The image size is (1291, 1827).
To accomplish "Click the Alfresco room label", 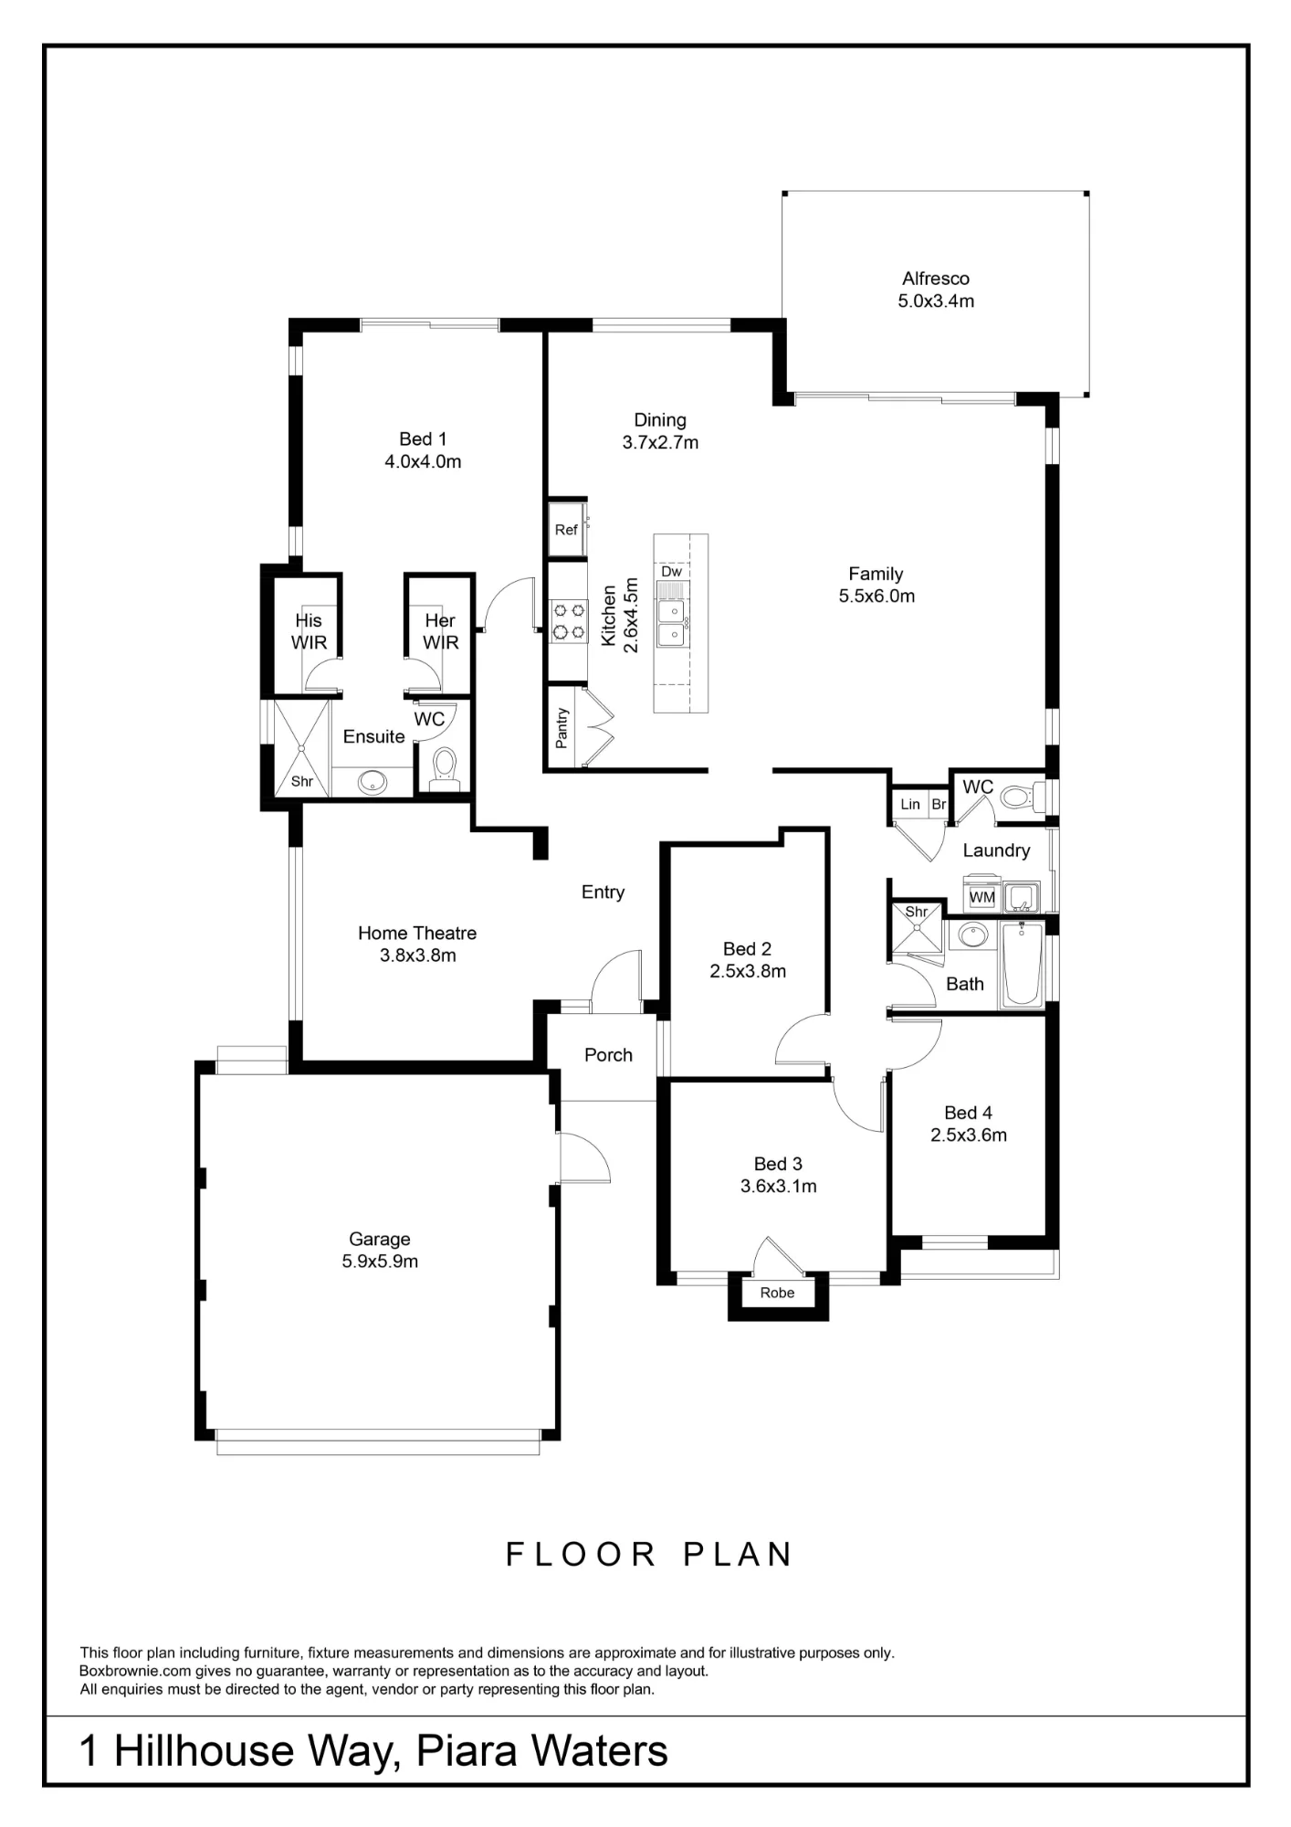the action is pyautogui.click(x=935, y=279).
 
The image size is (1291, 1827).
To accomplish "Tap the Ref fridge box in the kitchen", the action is pyautogui.click(x=567, y=529).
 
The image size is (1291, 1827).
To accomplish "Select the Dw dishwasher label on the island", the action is pyautogui.click(x=671, y=572).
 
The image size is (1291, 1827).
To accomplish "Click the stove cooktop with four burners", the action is pyautogui.click(x=568, y=620).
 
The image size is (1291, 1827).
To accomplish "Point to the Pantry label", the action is pyautogui.click(x=562, y=728).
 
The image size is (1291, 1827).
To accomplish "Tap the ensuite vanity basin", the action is pyautogui.click(x=372, y=782).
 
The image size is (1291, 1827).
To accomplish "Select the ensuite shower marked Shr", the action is pyautogui.click(x=301, y=746).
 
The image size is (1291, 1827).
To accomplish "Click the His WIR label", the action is pyautogui.click(x=309, y=631).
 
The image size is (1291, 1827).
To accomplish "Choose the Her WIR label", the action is pyautogui.click(x=440, y=631).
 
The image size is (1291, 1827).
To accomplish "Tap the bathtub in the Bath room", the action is pyautogui.click(x=1023, y=964).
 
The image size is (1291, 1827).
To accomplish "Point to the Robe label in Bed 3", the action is pyautogui.click(x=777, y=1293).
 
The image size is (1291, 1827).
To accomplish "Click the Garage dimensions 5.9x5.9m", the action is pyautogui.click(x=380, y=1262).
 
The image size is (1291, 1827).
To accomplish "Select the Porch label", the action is pyautogui.click(x=608, y=1055).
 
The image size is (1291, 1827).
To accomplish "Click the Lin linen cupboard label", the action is pyautogui.click(x=910, y=805).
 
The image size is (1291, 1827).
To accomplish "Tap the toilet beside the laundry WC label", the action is pyautogui.click(x=1022, y=797).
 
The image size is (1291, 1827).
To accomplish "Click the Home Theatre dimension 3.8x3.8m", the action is pyautogui.click(x=418, y=956).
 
